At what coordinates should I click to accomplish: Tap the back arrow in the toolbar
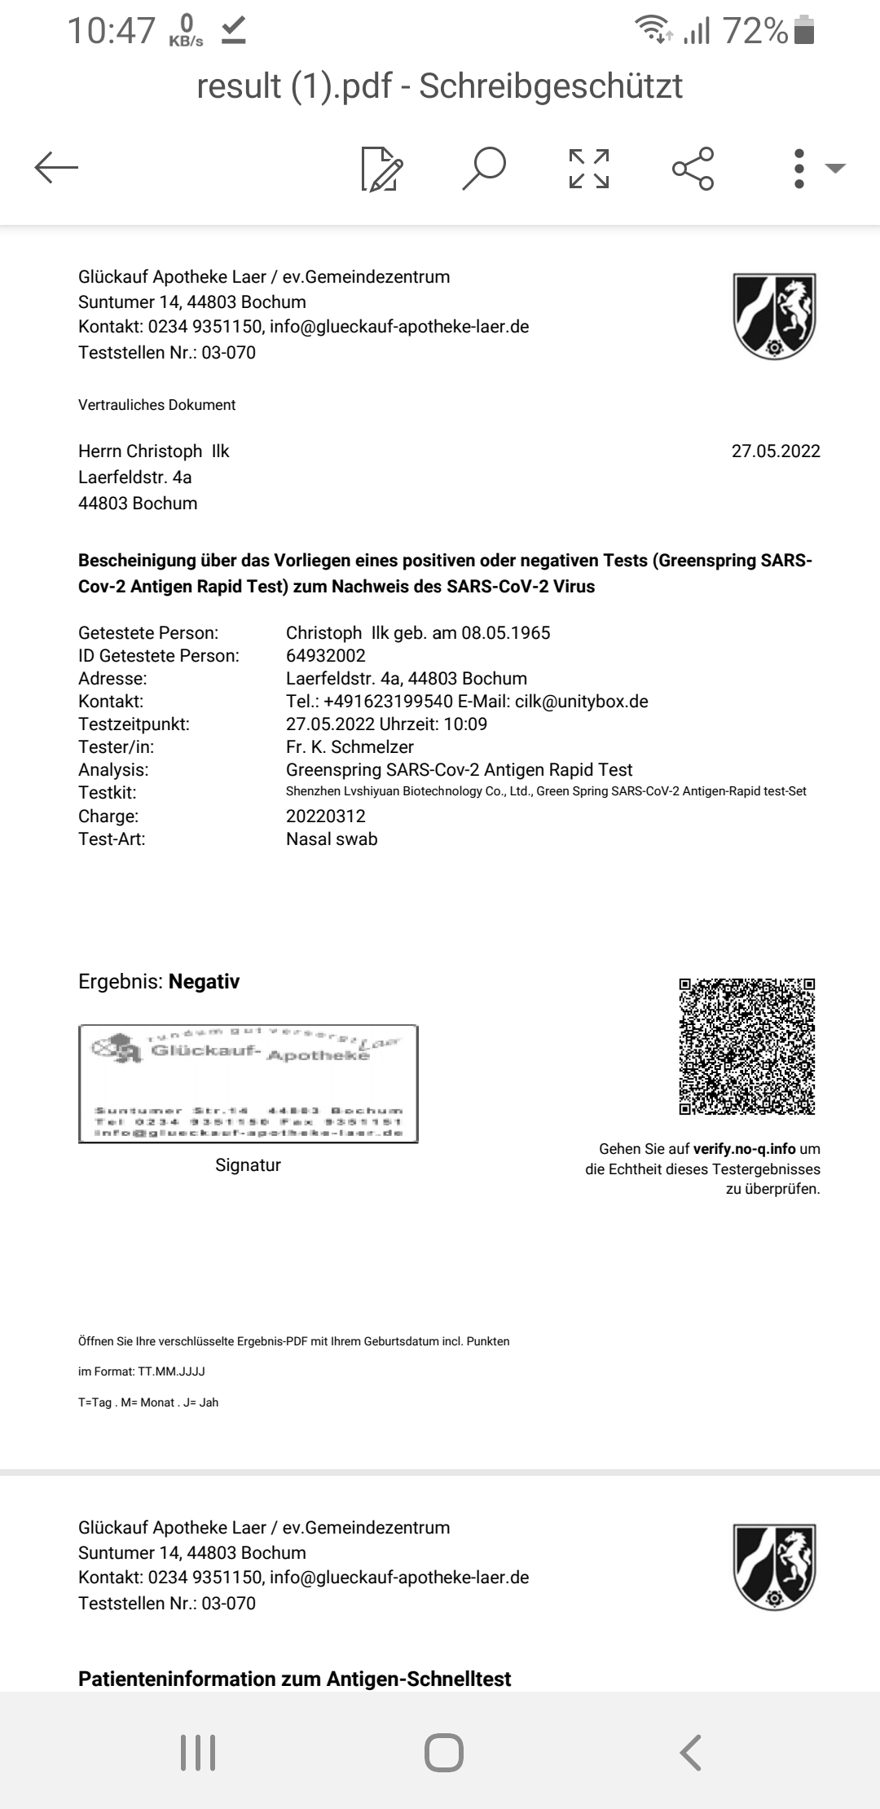[x=56, y=169]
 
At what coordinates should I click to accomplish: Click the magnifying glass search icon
[x=484, y=169]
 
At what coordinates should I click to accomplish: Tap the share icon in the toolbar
[x=693, y=169]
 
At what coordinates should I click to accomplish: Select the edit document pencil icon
[x=382, y=169]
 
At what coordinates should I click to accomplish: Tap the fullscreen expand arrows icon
[x=589, y=169]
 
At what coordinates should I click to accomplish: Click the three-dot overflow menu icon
[x=799, y=169]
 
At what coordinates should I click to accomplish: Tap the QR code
[x=747, y=1046]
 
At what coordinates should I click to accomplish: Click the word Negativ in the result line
[x=204, y=981]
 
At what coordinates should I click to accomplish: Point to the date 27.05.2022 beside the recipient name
[x=776, y=451]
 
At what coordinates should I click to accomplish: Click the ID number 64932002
[x=326, y=656]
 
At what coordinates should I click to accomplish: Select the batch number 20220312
[x=326, y=816]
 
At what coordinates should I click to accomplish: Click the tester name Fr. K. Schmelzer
[x=350, y=747]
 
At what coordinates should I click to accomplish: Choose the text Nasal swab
[x=332, y=839]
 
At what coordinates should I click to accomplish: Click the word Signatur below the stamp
[x=248, y=1165]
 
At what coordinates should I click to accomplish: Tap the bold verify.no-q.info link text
[x=744, y=1149]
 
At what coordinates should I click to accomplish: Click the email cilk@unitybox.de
[x=582, y=702]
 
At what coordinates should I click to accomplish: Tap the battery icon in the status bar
[x=804, y=31]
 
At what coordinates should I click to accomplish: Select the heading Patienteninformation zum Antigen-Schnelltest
[x=295, y=1679]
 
